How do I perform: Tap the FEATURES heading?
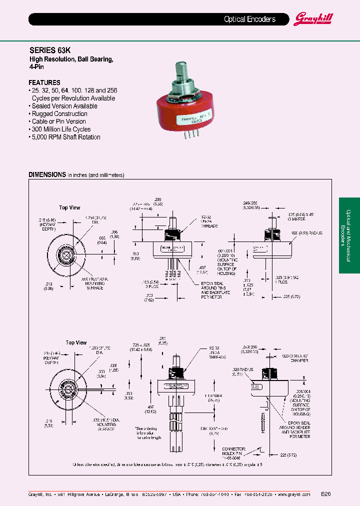click(44, 82)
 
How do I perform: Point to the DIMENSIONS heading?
click(47, 175)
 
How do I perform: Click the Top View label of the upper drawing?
click(69, 207)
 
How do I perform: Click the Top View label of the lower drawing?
click(76, 342)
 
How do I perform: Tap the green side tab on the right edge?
click(349, 235)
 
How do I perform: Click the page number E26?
click(325, 494)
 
